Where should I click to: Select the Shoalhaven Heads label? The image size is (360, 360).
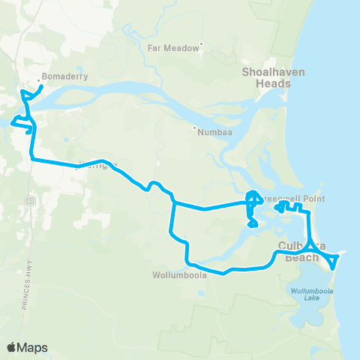click(x=265, y=78)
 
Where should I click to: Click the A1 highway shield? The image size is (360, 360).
click(x=31, y=201)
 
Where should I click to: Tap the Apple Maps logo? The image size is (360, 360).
click(x=28, y=347)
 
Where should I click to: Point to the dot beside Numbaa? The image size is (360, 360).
click(x=193, y=129)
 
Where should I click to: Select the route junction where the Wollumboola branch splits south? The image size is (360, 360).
click(x=174, y=202)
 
